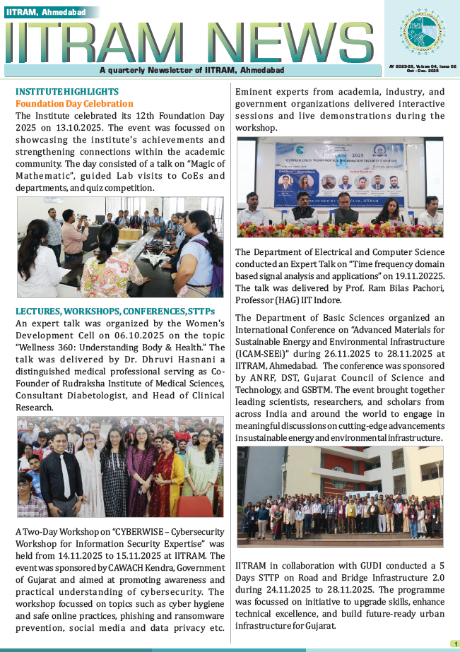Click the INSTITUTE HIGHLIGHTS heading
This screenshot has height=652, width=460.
[x=67, y=92]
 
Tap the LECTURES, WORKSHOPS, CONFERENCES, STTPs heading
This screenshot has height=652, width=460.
[x=110, y=311]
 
